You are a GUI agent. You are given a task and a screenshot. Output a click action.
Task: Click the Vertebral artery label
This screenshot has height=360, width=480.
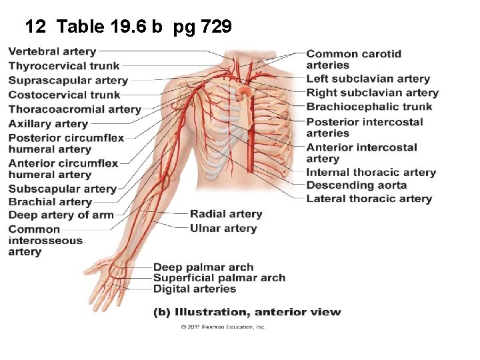[x=52, y=51]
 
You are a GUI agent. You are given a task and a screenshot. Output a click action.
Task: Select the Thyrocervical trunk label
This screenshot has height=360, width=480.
[x=64, y=65]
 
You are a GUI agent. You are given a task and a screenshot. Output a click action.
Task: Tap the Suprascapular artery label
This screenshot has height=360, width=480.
[x=68, y=80]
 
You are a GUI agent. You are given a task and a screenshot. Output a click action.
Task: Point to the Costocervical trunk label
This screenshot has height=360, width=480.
[x=64, y=95]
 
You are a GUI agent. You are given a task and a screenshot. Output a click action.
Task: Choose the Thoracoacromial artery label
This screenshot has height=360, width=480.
[x=75, y=109]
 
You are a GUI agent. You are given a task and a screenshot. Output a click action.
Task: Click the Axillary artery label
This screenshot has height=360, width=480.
[x=48, y=123]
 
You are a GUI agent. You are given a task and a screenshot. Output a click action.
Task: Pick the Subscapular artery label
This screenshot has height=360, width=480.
[x=63, y=189]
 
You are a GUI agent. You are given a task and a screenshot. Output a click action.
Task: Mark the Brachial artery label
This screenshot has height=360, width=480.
[x=50, y=202]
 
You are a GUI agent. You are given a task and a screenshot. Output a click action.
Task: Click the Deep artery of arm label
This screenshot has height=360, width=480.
[x=61, y=215]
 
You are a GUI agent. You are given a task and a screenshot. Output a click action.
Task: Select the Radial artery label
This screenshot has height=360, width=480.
[x=226, y=214]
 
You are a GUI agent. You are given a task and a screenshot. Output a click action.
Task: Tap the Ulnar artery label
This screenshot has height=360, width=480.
[x=223, y=228]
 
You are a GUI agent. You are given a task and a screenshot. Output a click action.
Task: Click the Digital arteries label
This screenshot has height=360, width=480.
[x=195, y=289]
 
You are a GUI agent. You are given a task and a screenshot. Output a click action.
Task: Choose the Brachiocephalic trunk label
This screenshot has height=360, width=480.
[x=369, y=107]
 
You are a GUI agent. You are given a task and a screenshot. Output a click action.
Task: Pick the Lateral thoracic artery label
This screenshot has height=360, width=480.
[x=369, y=199]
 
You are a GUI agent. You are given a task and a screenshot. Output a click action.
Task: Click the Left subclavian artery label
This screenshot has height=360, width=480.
[x=368, y=79]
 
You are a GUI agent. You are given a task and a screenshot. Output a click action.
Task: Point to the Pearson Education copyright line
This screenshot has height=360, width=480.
[x=223, y=327]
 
